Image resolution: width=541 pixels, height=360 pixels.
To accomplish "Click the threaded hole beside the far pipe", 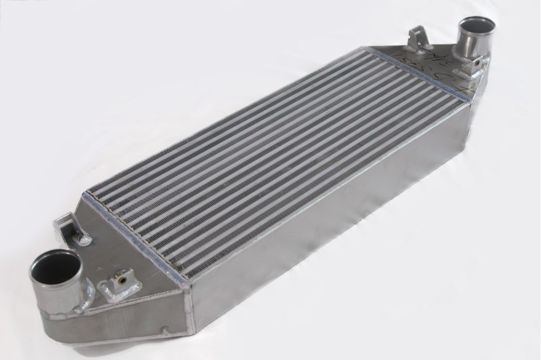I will tap(479, 63).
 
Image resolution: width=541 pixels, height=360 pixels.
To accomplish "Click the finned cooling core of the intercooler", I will tap(264, 158).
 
